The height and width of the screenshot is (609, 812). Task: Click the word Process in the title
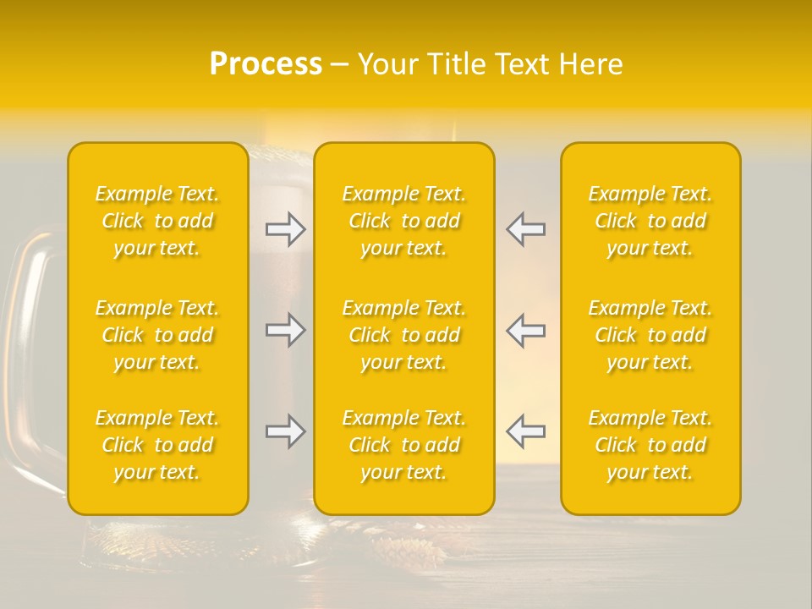(x=266, y=64)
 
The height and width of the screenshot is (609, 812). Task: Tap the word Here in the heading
(x=590, y=64)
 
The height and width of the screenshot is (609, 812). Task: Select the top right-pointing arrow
(x=285, y=229)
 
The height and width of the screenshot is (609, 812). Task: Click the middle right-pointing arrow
(x=285, y=331)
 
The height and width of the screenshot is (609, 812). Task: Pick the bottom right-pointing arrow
(x=285, y=432)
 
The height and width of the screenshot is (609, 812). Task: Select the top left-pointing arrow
(x=526, y=229)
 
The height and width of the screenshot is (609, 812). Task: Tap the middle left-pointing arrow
(x=526, y=331)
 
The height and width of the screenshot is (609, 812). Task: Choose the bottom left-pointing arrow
(x=526, y=432)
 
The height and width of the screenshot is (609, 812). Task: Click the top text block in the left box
(x=157, y=221)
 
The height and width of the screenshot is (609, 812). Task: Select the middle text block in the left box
(x=157, y=335)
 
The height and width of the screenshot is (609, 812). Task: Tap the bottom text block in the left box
(x=157, y=445)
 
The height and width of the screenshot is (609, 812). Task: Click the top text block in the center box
(x=404, y=221)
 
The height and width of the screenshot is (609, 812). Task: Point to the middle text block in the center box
(x=404, y=335)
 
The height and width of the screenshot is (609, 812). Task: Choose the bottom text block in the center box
(x=404, y=445)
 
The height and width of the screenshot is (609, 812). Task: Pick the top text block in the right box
(x=650, y=221)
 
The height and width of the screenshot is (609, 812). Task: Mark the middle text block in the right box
(x=650, y=335)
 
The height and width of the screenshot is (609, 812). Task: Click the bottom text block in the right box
(x=650, y=445)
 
